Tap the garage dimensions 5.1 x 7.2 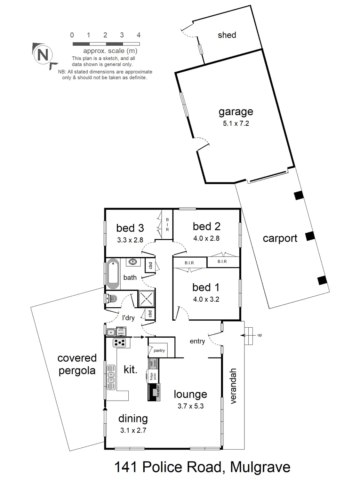236,124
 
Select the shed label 227,35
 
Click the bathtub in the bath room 113,274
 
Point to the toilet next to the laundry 111,299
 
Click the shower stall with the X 146,299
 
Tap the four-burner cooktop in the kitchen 119,343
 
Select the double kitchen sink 111,377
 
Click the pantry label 159,350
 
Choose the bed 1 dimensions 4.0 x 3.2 206,300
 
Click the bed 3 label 130,228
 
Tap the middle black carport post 310,236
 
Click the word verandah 233,386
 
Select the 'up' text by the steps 259,335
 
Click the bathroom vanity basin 133,262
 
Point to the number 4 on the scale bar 139,35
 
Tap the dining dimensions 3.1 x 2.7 133,430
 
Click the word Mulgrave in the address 260,468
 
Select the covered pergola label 77,364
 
